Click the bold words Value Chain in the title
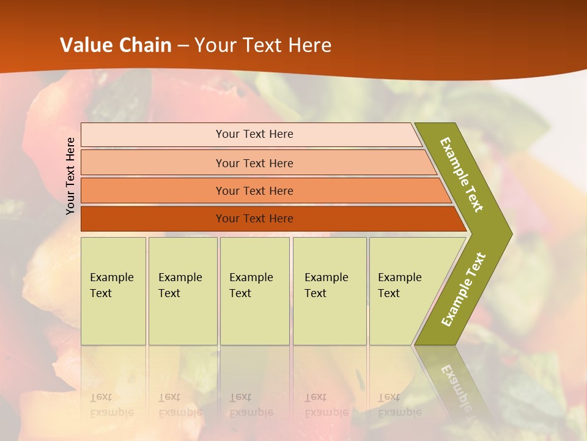click(x=116, y=45)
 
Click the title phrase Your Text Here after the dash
click(x=263, y=45)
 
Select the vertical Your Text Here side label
click(x=70, y=176)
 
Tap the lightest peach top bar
click(x=153, y=135)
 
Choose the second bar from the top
click(x=153, y=163)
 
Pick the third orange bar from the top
click(x=153, y=190)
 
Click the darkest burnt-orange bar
click(x=153, y=219)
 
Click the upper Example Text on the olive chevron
click(x=462, y=175)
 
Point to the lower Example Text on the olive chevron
click(x=463, y=289)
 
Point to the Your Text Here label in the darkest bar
click(x=254, y=219)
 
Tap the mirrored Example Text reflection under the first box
click(x=111, y=405)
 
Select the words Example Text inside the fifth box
click(x=400, y=285)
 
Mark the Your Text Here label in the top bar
click(x=254, y=134)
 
